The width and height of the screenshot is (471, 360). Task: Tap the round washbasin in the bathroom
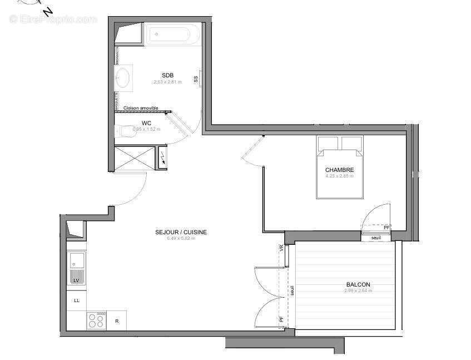click(123, 77)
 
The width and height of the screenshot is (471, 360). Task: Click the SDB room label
click(168, 76)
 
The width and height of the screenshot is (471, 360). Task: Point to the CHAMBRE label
click(340, 170)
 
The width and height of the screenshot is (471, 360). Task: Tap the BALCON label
click(356, 284)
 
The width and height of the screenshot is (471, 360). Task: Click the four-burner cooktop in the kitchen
click(97, 320)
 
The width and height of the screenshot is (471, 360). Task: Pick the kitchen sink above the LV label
click(76, 260)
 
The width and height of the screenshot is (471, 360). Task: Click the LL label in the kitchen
click(77, 300)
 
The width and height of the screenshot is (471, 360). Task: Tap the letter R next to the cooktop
click(117, 321)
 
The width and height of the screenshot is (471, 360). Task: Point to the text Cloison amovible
click(141, 108)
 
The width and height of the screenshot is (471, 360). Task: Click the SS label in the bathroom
click(196, 79)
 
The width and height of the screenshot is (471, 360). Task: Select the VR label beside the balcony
click(281, 248)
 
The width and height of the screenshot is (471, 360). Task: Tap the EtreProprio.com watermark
click(53, 19)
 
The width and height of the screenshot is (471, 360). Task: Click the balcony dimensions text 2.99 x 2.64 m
click(356, 290)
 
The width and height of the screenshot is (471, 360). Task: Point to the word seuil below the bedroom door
click(376, 238)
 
